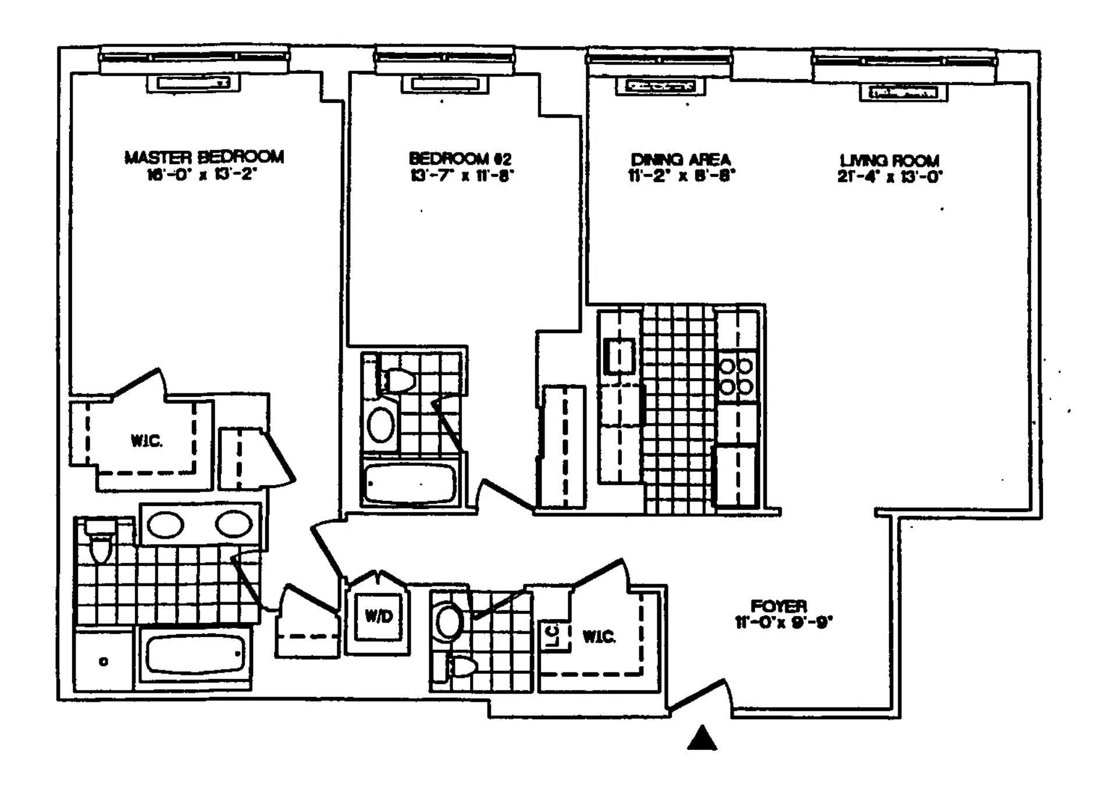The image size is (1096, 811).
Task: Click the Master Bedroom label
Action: click(204, 157)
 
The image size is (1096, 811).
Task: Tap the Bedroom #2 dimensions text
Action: click(462, 175)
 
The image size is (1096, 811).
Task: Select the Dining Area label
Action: click(681, 159)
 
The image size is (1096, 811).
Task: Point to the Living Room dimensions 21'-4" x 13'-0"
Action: click(889, 177)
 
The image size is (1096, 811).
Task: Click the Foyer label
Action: click(778, 606)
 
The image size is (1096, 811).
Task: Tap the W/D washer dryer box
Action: click(379, 617)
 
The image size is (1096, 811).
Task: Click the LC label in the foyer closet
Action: click(553, 636)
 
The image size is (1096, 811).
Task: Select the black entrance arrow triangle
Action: click(702, 739)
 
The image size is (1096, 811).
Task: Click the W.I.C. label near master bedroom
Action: click(146, 441)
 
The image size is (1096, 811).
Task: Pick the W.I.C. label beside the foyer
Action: click(599, 636)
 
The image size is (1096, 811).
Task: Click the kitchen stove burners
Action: click(736, 376)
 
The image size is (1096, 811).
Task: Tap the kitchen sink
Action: click(619, 355)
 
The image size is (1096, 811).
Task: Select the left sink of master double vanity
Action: click(166, 525)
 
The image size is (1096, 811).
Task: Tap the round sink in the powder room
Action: click(449, 621)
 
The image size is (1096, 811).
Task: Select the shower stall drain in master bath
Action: click(104, 661)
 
